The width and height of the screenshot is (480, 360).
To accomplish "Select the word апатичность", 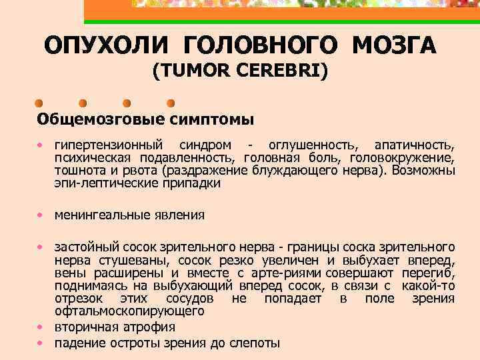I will coord(415,145).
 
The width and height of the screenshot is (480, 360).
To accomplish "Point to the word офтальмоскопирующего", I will coord(129,311).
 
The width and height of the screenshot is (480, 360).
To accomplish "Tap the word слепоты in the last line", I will coord(254,343).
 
